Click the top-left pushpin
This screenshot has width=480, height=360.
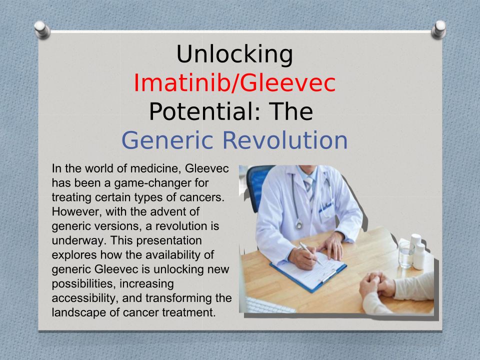[42, 29]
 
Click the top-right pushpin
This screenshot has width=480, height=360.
[438, 29]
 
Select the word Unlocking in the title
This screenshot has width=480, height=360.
[234, 54]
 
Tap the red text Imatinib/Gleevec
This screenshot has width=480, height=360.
[234, 83]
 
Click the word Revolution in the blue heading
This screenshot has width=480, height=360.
[284, 140]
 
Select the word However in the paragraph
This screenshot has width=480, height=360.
[76, 211]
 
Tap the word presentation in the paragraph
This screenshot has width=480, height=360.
[169, 240]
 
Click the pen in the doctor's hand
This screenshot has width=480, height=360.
[310, 253]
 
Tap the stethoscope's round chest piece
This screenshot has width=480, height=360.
[299, 225]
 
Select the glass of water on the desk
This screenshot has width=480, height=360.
[406, 255]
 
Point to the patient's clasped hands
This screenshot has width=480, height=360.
[377, 284]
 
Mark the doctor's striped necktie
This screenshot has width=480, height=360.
[309, 190]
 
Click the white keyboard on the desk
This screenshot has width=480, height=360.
[269, 305]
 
